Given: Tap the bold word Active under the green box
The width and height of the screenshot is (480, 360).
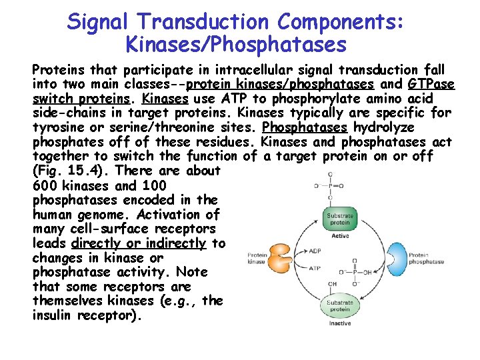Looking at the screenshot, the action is coord(339,235).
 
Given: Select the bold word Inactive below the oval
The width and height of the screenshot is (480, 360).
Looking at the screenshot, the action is coord(339,323).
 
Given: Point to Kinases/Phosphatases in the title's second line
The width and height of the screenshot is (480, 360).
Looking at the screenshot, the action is coord(236,45).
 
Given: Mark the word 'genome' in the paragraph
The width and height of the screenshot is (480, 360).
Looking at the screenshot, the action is coord(91,214).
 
